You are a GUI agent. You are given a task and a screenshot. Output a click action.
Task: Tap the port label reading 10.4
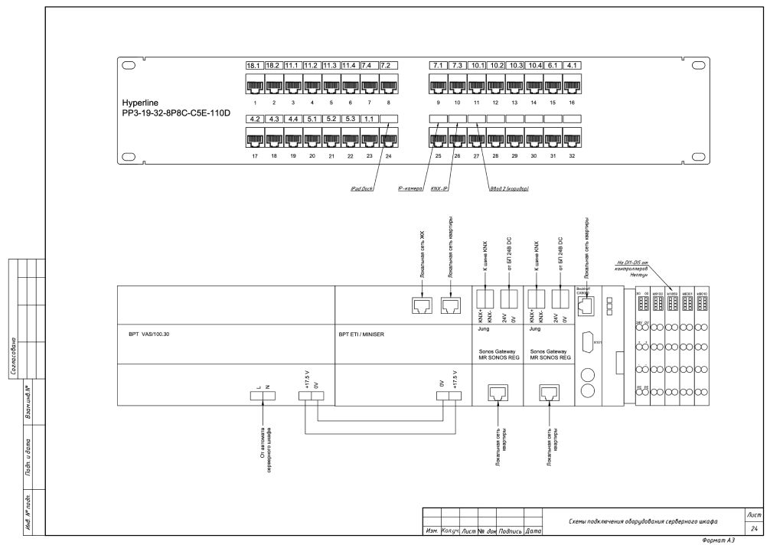click(x=533, y=66)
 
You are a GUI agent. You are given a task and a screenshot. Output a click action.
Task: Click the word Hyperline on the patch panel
click(x=139, y=102)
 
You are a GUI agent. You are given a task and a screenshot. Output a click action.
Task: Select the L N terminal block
click(x=262, y=396)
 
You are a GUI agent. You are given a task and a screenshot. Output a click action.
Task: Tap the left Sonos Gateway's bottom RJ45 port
click(x=498, y=393)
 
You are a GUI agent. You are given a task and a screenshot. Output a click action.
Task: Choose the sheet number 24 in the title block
click(x=754, y=529)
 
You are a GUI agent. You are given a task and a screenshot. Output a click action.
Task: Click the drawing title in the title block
click(x=643, y=521)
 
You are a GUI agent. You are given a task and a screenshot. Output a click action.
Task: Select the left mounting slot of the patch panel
click(x=128, y=66)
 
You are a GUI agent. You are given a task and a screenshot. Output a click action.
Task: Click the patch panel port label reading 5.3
click(x=350, y=119)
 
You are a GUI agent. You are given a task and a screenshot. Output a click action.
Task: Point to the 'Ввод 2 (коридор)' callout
click(x=509, y=188)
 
